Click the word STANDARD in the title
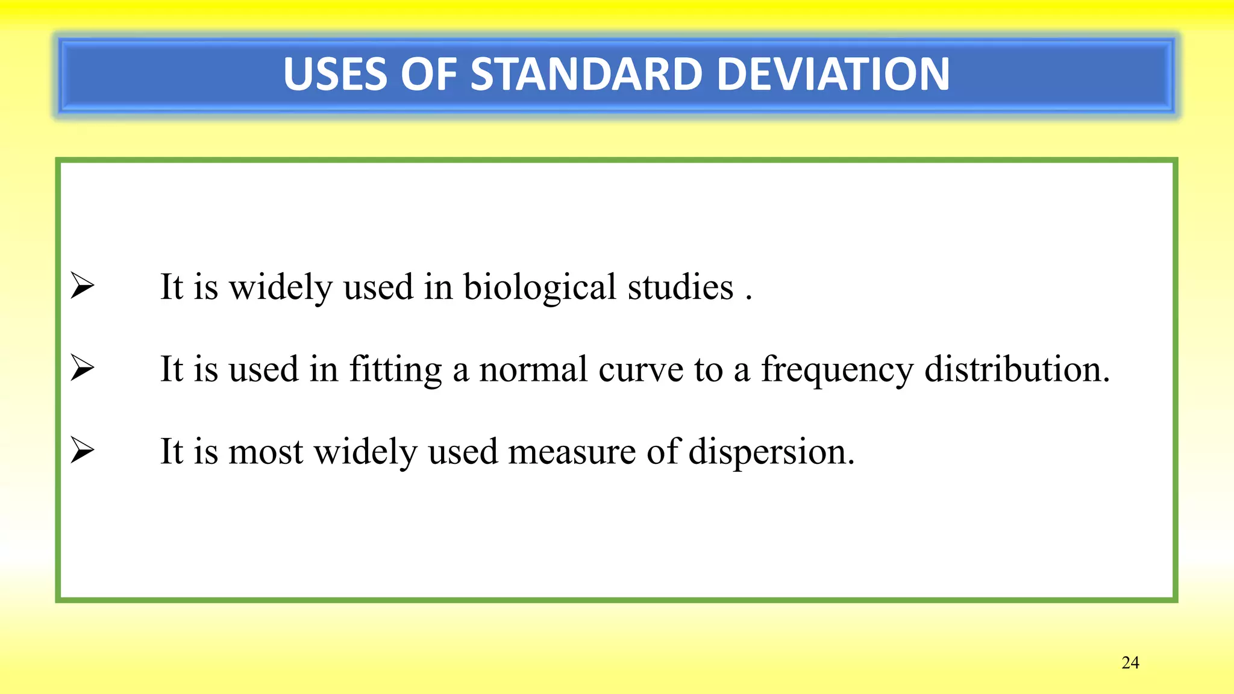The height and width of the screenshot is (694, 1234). point(586,75)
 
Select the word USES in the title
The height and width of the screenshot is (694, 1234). point(335,75)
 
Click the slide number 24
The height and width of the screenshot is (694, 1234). point(1130,663)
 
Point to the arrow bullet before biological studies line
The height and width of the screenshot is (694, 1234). point(82,286)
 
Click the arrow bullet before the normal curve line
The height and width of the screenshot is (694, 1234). point(82,368)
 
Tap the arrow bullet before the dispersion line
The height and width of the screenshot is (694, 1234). point(82,451)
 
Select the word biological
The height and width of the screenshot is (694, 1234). point(539,287)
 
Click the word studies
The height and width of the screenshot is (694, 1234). point(680,287)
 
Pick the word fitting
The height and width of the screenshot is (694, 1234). point(395,369)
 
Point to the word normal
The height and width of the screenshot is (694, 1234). point(533,369)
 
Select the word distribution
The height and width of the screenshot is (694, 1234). point(1016,369)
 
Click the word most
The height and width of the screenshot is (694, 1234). point(266,452)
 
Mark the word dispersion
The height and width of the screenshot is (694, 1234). point(771,452)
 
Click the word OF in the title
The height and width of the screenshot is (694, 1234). point(428,75)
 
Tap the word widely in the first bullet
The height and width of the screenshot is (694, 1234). point(281,287)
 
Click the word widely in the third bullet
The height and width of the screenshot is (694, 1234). point(365,452)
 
